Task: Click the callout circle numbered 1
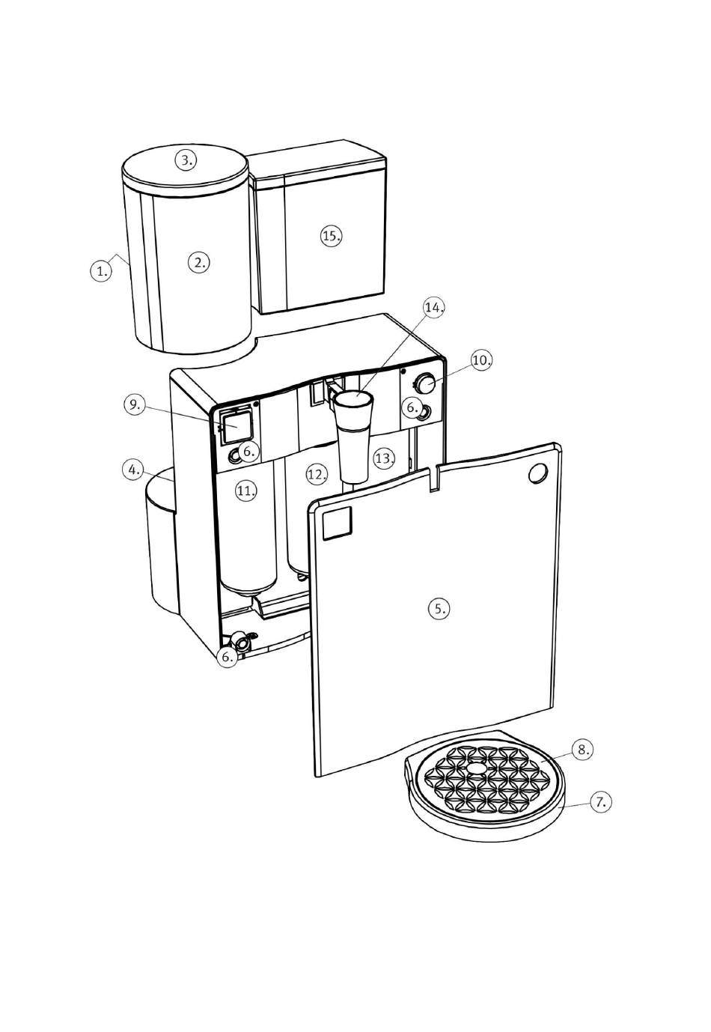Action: pos(101,270)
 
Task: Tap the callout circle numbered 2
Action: pos(198,261)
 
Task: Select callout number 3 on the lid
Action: pos(186,160)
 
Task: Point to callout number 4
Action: pos(132,470)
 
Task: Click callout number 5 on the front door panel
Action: pos(439,608)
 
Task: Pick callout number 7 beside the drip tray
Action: pos(600,801)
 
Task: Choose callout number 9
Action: pos(134,405)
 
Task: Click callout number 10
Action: pos(482,360)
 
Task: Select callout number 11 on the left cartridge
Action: pos(246,491)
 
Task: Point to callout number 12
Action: pos(317,473)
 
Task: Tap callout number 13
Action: pos(384,458)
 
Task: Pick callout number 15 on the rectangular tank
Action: pos(331,235)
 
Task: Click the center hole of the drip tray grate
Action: pos(477,768)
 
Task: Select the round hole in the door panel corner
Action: pos(537,473)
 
